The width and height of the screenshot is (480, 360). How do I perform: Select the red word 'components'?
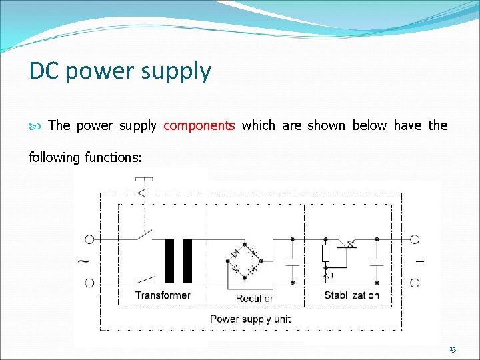[x=199, y=125]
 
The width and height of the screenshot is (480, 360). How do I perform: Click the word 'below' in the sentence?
[x=369, y=125]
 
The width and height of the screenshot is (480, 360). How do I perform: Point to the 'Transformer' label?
[x=162, y=295]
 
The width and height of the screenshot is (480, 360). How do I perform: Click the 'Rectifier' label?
[x=255, y=298]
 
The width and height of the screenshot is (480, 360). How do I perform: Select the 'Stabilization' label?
[x=351, y=295]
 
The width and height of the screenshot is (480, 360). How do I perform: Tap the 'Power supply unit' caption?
[x=250, y=319]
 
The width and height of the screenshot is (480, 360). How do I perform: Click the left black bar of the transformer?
[x=169, y=261]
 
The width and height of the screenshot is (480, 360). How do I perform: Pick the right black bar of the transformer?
[x=187, y=261]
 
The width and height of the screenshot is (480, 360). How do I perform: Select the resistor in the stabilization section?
[x=325, y=253]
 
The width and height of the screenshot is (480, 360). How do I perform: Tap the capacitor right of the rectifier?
[x=292, y=261]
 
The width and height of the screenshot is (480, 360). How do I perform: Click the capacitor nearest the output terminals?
[x=377, y=261]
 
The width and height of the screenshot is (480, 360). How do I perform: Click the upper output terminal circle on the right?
[x=414, y=239]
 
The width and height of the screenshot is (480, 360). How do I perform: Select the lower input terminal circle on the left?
[x=89, y=283]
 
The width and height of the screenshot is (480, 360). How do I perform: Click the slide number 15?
[x=452, y=349]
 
